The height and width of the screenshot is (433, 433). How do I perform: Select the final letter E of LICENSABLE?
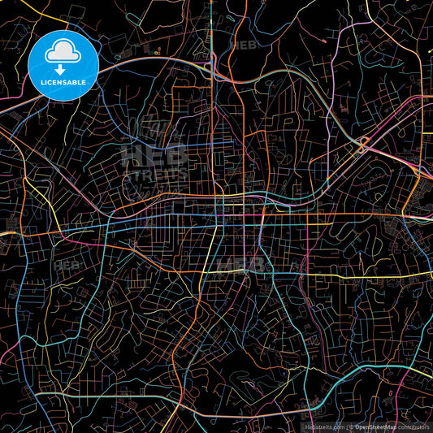pyautogui.click(x=85, y=81)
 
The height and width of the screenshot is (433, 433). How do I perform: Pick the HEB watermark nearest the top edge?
pyautogui.click(x=242, y=45)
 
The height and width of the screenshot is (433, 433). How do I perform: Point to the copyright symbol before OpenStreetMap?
pyautogui.click(x=352, y=425)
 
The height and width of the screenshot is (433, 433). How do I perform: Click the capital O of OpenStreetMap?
pyautogui.click(x=359, y=425)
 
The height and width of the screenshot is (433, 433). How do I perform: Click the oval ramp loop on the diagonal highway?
pyautogui.click(x=363, y=145)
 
